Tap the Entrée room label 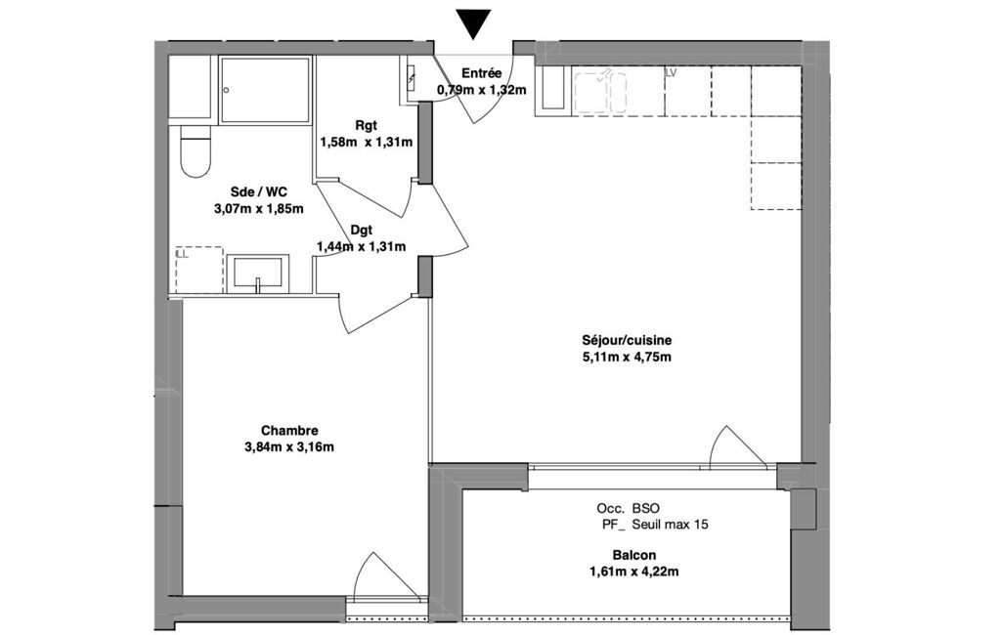[x=481, y=73]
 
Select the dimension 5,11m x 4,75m [x=627, y=358]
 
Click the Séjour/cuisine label [x=627, y=341]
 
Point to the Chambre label [x=289, y=431]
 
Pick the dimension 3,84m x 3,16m [x=288, y=447]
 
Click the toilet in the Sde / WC [x=196, y=152]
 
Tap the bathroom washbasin [x=258, y=274]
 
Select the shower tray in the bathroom [x=265, y=90]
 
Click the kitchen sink [x=600, y=93]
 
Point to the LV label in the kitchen [x=671, y=73]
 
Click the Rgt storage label [x=367, y=125]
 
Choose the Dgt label [x=361, y=230]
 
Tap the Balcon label [x=633, y=555]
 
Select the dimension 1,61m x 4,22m [x=633, y=571]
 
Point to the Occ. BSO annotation [x=629, y=509]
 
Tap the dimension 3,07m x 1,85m [x=258, y=208]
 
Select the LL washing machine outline [x=199, y=270]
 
